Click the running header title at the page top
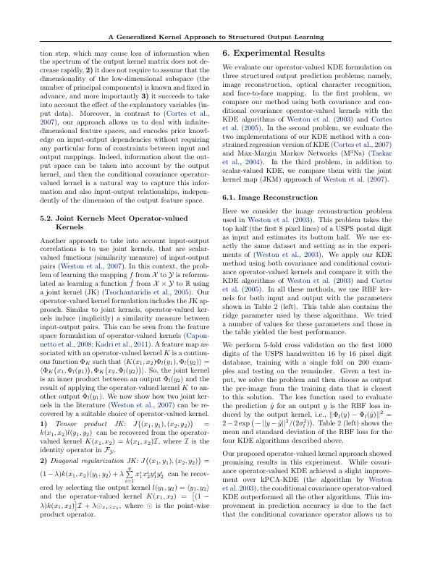point(221,36)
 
